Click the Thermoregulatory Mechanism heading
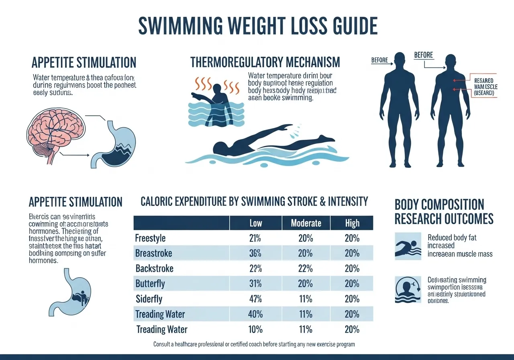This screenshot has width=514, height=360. [x=265, y=62]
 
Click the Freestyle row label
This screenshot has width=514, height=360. [x=150, y=238]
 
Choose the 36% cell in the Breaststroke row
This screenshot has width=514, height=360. [x=255, y=253]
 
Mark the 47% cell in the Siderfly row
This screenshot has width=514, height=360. [x=255, y=299]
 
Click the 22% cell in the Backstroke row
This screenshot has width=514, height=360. [x=306, y=268]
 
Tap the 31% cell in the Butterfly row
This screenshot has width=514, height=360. [x=255, y=284]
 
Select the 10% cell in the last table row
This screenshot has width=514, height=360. [x=255, y=329]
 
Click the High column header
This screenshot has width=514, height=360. [x=352, y=223]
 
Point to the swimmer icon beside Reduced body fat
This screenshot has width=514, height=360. [x=408, y=246]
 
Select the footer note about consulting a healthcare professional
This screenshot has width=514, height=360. [x=254, y=344]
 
